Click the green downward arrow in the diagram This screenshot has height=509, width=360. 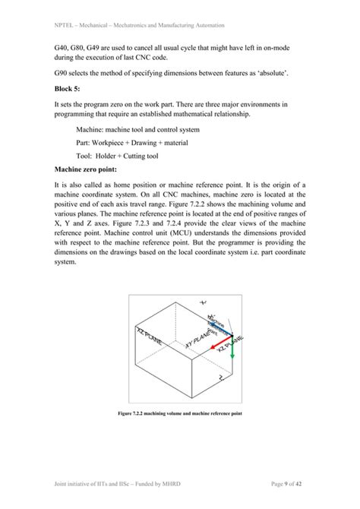coord(232,345)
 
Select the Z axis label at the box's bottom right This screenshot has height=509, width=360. coord(219,375)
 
